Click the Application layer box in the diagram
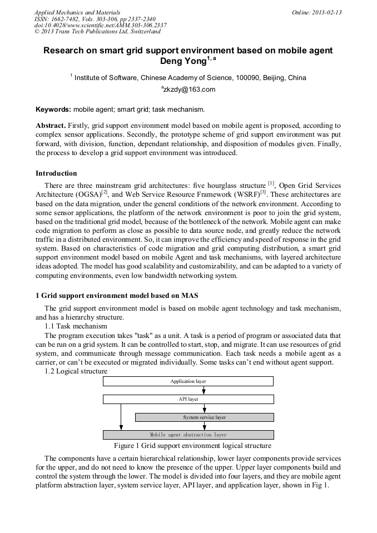pyautogui.click(x=188, y=381)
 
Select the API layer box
pyautogui.click(x=188, y=399)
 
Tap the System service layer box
pyautogui.click(x=204, y=417)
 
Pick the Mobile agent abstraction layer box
pyautogui.click(x=188, y=435)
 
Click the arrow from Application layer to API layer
pyautogui.click(x=204, y=390)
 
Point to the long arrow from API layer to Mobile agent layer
pyautogui.click(x=121, y=417)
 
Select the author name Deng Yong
pyautogui.click(x=183, y=61)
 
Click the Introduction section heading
pyautogui.click(x=56, y=173)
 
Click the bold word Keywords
pyautogui.click(x=53, y=109)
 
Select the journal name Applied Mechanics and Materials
pyautogui.click(x=77, y=12)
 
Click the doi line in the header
pyautogui.click(x=100, y=25)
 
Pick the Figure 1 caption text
pyautogui.click(x=192, y=446)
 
